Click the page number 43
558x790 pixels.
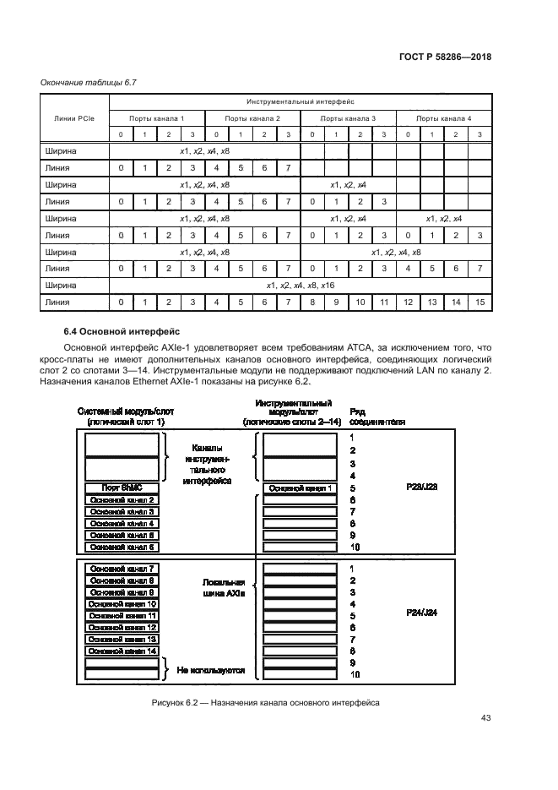click(x=485, y=718)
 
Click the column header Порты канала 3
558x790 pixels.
click(x=349, y=117)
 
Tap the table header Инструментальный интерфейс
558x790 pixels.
click(x=301, y=100)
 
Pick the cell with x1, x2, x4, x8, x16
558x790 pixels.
click(x=300, y=285)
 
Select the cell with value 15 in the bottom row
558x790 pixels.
click(x=479, y=302)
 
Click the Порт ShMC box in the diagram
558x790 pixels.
click(x=122, y=488)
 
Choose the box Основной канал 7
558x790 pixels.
click(x=122, y=569)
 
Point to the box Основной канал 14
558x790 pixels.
click(x=122, y=651)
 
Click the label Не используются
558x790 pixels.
click(x=211, y=670)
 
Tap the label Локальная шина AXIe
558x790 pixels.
click(x=224, y=588)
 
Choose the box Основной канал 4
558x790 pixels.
click(x=122, y=524)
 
